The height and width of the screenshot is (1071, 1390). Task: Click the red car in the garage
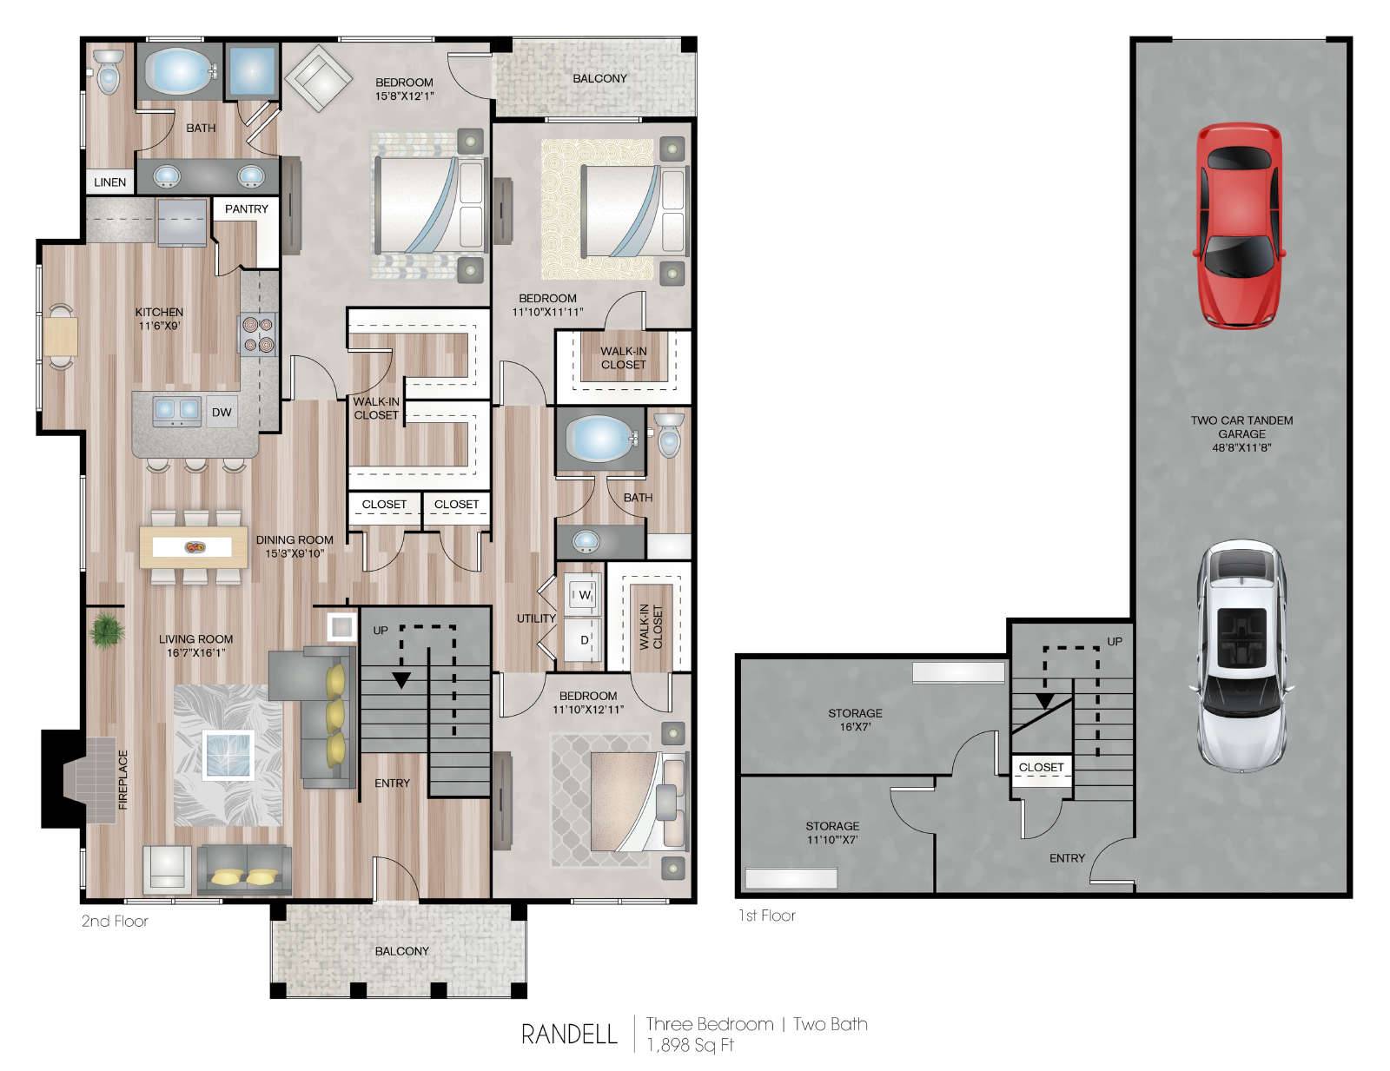tap(1239, 226)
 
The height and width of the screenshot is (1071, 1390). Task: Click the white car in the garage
tap(1241, 657)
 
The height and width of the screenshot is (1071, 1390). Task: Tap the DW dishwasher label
tap(222, 413)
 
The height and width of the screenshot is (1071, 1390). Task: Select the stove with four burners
tap(258, 334)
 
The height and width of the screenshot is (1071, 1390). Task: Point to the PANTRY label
tap(246, 209)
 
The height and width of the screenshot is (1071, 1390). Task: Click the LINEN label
tap(110, 182)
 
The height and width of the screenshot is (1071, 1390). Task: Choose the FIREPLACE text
tap(123, 779)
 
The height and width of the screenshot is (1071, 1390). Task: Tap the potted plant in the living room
tap(107, 631)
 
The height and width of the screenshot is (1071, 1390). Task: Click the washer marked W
tap(584, 595)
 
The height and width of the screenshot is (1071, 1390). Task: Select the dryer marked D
tap(584, 639)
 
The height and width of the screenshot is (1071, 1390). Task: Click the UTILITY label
tap(536, 618)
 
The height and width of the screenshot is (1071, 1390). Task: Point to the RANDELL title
tap(569, 1034)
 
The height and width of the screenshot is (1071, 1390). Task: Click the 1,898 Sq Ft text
tap(690, 1045)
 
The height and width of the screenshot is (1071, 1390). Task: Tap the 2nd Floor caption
tap(115, 921)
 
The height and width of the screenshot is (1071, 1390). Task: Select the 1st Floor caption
tap(767, 915)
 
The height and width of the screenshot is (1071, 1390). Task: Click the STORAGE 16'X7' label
tap(855, 720)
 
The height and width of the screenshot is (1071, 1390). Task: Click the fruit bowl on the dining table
tap(195, 547)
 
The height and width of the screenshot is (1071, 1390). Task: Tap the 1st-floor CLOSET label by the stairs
tap(1041, 767)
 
